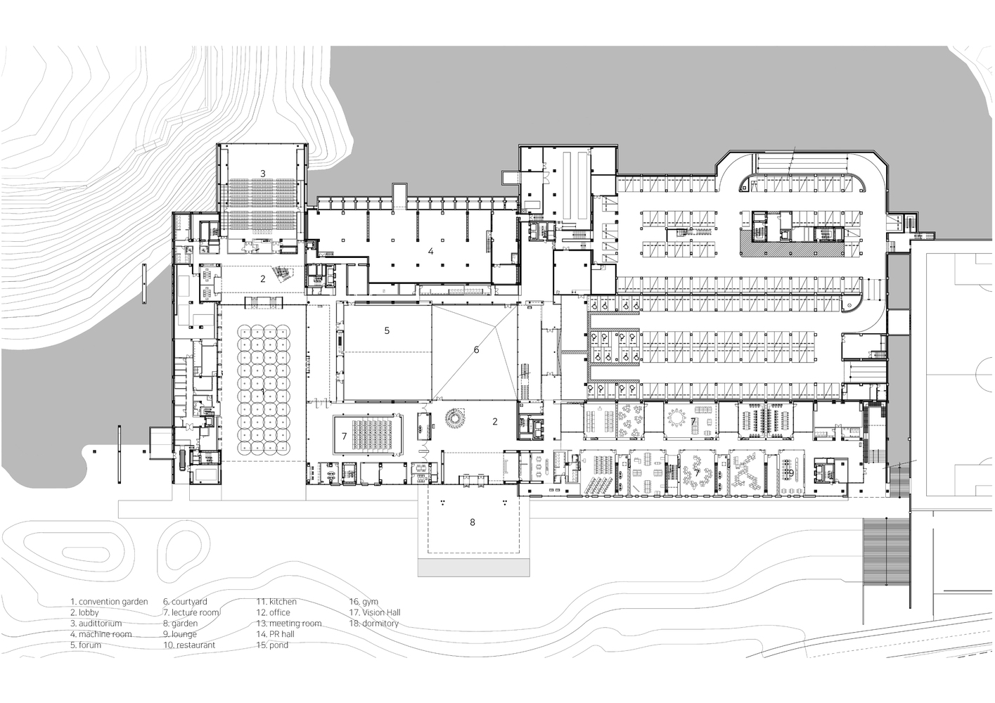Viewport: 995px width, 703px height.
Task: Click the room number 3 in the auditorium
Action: tap(263, 173)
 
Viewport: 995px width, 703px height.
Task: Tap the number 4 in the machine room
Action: tap(431, 251)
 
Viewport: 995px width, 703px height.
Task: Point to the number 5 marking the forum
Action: tap(387, 330)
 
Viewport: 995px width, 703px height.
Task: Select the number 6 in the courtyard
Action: tap(476, 349)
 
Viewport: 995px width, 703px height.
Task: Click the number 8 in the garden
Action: tap(473, 522)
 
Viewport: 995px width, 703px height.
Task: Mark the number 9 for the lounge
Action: tap(790, 473)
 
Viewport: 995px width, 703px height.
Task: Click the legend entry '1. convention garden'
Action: tap(109, 602)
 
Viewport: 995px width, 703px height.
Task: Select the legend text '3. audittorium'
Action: tap(96, 624)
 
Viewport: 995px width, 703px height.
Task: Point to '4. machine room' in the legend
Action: tap(101, 634)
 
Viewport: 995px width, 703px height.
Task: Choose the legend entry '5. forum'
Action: tap(86, 645)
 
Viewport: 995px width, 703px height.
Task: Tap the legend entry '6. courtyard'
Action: tap(185, 602)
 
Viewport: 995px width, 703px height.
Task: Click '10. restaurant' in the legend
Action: tap(189, 645)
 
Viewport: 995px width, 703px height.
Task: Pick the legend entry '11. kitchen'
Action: tap(276, 602)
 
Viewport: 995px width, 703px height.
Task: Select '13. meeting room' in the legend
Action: tap(288, 624)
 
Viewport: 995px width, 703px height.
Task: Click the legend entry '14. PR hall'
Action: tap(275, 634)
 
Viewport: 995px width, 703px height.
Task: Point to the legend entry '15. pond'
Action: tap(272, 645)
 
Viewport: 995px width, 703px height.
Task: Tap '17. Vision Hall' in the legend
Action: tap(375, 612)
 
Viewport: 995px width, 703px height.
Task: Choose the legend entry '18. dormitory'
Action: tap(374, 624)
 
